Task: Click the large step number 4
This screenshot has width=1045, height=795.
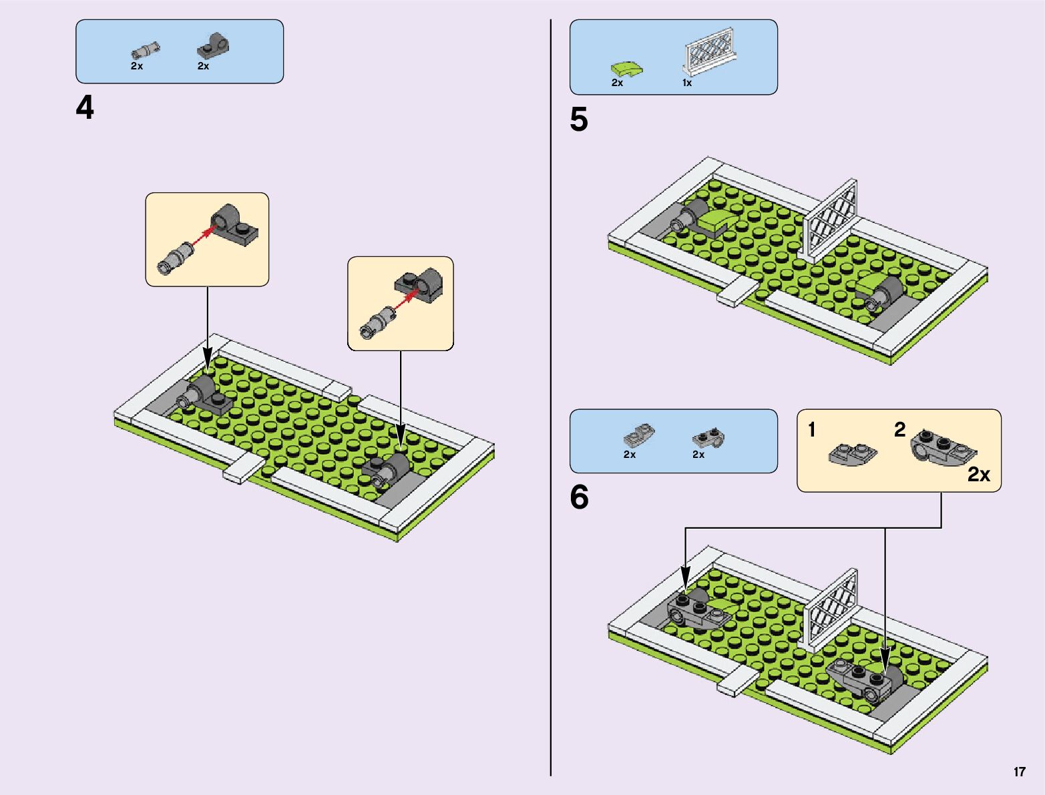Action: [x=85, y=108]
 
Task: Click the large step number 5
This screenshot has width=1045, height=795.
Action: [x=579, y=120]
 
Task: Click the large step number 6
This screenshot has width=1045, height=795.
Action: [x=579, y=498]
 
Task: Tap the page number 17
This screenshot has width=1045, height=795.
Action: [x=1019, y=772]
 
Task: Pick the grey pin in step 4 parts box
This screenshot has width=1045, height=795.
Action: [x=144, y=51]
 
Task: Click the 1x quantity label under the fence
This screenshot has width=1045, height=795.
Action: [x=686, y=83]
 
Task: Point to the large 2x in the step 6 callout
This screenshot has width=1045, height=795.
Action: [x=979, y=475]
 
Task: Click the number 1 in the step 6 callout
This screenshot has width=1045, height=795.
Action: [x=812, y=430]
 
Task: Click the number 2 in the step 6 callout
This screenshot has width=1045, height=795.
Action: [x=899, y=430]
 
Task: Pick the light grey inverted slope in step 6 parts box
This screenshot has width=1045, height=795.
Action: [x=639, y=435]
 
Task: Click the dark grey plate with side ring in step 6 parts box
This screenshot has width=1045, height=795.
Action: [x=708, y=437]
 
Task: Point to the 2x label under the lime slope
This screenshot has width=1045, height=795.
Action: [x=617, y=83]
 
